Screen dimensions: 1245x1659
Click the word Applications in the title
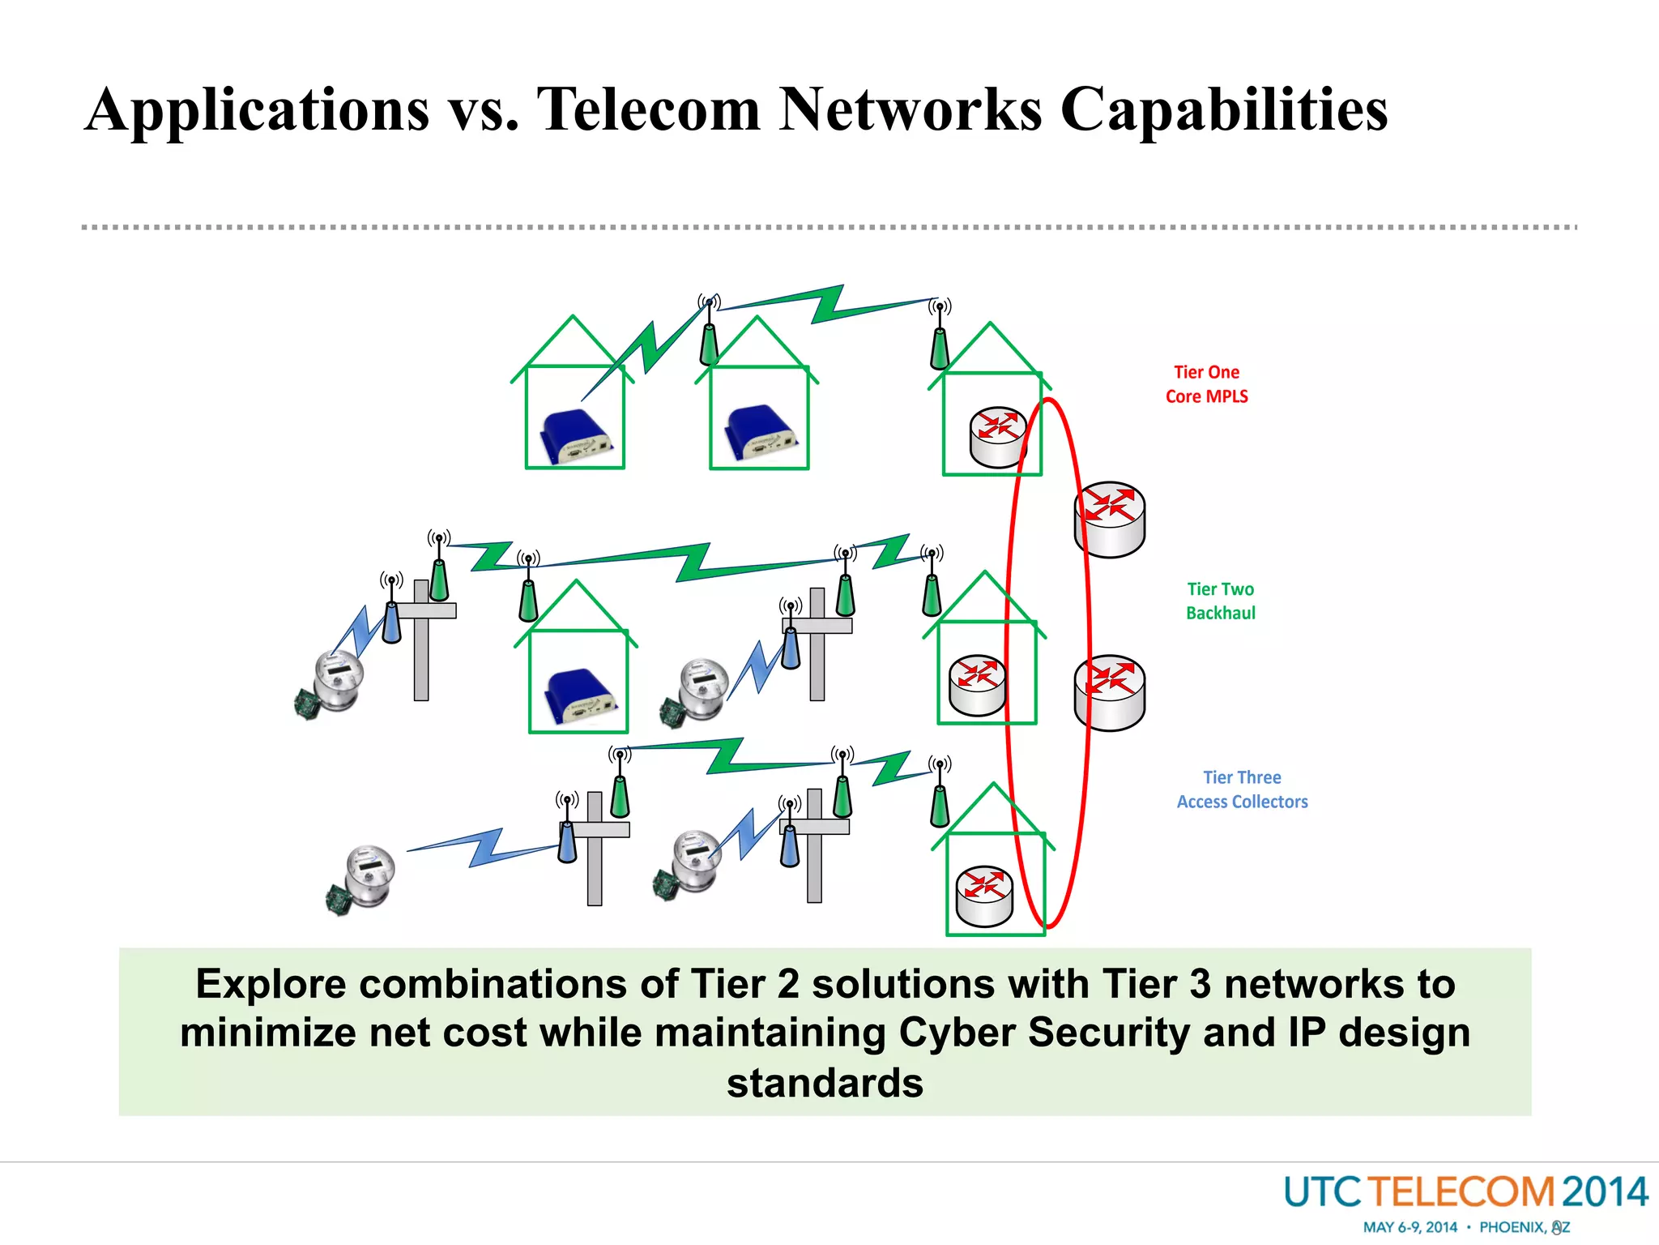tap(258, 109)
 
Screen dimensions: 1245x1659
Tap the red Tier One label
tap(1206, 372)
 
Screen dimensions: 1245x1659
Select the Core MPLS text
tap(1206, 396)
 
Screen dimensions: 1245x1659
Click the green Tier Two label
tap(1220, 589)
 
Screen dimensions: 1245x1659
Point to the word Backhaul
tap(1220, 614)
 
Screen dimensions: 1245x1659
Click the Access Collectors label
tap(1242, 802)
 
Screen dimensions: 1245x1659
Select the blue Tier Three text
tap(1242, 777)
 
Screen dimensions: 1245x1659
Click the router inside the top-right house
tap(998, 436)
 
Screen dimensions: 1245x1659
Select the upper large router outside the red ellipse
tap(1109, 520)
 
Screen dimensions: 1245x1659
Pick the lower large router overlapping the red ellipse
tap(1109, 693)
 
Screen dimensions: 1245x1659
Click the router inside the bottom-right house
tap(984, 896)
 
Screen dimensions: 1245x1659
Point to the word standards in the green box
tap(825, 1084)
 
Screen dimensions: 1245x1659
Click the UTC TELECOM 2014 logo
tap(1465, 1192)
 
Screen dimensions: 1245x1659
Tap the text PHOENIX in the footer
tap(1512, 1227)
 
